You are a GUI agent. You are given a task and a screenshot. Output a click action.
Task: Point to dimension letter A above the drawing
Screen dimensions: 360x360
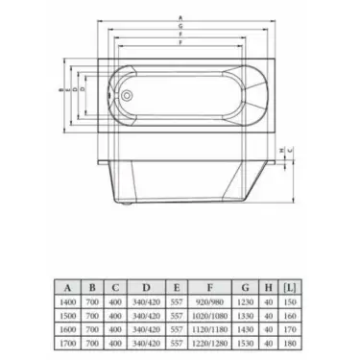tap(180, 16)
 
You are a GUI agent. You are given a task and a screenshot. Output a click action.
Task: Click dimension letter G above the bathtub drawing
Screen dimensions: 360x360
tap(180, 28)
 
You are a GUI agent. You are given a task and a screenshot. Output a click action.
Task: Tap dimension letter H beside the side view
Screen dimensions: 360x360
tap(278, 150)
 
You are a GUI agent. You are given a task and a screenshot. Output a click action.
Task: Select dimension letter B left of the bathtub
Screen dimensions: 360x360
tap(62, 89)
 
